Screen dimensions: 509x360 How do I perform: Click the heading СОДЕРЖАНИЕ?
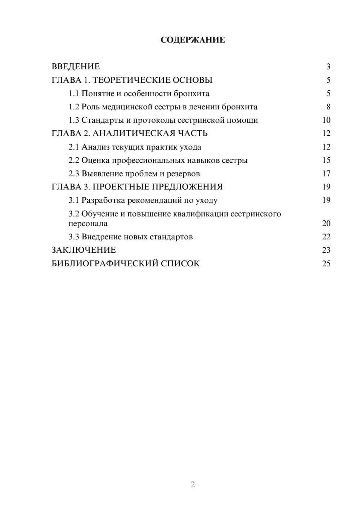(193, 40)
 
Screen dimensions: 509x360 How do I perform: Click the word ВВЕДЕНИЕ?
(76, 67)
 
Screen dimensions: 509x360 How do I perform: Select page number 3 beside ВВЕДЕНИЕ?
(328, 67)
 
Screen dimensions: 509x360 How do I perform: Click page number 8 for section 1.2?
(328, 107)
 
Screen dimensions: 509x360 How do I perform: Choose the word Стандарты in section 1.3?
(103, 120)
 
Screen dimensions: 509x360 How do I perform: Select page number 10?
(326, 120)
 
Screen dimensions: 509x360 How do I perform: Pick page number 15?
(326, 160)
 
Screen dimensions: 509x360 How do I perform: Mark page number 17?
(326, 174)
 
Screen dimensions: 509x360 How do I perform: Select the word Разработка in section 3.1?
(103, 201)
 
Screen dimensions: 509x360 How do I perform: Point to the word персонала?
(88, 224)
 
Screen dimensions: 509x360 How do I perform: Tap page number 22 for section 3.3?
(326, 237)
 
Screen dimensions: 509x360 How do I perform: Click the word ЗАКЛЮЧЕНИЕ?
(84, 250)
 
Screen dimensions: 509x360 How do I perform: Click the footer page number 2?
(193, 485)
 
